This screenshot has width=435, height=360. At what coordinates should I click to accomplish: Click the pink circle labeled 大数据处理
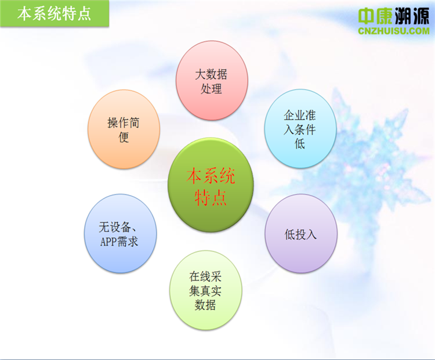pyautogui.click(x=212, y=81)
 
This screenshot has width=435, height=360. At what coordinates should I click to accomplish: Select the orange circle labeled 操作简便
pyautogui.click(x=124, y=129)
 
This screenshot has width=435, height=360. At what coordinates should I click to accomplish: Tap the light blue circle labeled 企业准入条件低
pyautogui.click(x=300, y=128)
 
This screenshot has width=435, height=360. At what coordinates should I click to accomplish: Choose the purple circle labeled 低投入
pyautogui.click(x=301, y=233)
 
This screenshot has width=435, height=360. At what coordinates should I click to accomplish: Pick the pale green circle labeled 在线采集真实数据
pyautogui.click(x=205, y=290)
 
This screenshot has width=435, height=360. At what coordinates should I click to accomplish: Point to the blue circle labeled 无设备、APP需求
pyautogui.click(x=120, y=233)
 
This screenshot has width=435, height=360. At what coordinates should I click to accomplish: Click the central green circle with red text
pyautogui.click(x=211, y=185)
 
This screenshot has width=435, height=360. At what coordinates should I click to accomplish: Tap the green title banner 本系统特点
pyautogui.click(x=55, y=13)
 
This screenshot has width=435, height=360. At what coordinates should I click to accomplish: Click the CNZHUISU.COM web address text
pyautogui.click(x=394, y=31)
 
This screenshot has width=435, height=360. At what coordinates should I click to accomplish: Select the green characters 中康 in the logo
pyautogui.click(x=375, y=16)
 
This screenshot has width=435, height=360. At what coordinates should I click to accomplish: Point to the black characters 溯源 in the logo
pyautogui.click(x=411, y=16)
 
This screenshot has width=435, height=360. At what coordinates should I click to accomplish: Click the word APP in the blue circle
pyautogui.click(x=108, y=242)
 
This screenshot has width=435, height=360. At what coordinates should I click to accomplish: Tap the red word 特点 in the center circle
pyautogui.click(x=211, y=197)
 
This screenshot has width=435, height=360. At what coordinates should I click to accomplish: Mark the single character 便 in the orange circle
pyautogui.click(x=124, y=137)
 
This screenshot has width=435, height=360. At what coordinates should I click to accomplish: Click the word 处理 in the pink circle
pyautogui.click(x=211, y=89)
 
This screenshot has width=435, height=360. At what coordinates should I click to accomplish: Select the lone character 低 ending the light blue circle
pyautogui.click(x=300, y=143)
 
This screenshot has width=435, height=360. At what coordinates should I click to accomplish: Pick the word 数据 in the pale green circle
pyautogui.click(x=205, y=305)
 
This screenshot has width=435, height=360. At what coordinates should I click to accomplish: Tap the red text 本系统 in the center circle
pyautogui.click(x=211, y=176)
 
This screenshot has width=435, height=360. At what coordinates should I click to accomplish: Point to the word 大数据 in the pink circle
pyautogui.click(x=211, y=74)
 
